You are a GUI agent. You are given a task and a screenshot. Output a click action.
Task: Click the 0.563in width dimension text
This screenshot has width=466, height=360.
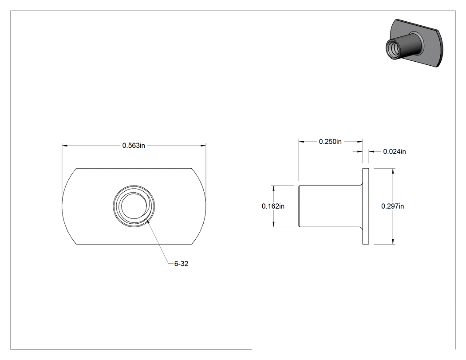(134, 145)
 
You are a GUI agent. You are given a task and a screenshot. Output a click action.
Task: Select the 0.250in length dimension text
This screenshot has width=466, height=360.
(330, 142)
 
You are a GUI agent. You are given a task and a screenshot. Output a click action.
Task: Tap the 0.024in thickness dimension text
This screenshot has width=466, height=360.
(395, 152)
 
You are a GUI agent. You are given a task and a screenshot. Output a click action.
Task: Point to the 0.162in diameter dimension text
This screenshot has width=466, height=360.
(273, 206)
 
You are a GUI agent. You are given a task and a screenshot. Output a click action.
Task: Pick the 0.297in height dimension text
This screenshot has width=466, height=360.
(393, 206)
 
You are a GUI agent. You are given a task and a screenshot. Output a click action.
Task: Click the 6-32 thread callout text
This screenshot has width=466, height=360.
(181, 264)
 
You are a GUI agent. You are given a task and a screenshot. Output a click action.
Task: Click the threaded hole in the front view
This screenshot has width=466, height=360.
(134, 206)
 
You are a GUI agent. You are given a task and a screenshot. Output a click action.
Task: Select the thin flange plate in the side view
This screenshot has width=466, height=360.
(366, 206)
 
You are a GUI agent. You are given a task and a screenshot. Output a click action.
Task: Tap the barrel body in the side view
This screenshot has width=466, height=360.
(330, 206)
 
